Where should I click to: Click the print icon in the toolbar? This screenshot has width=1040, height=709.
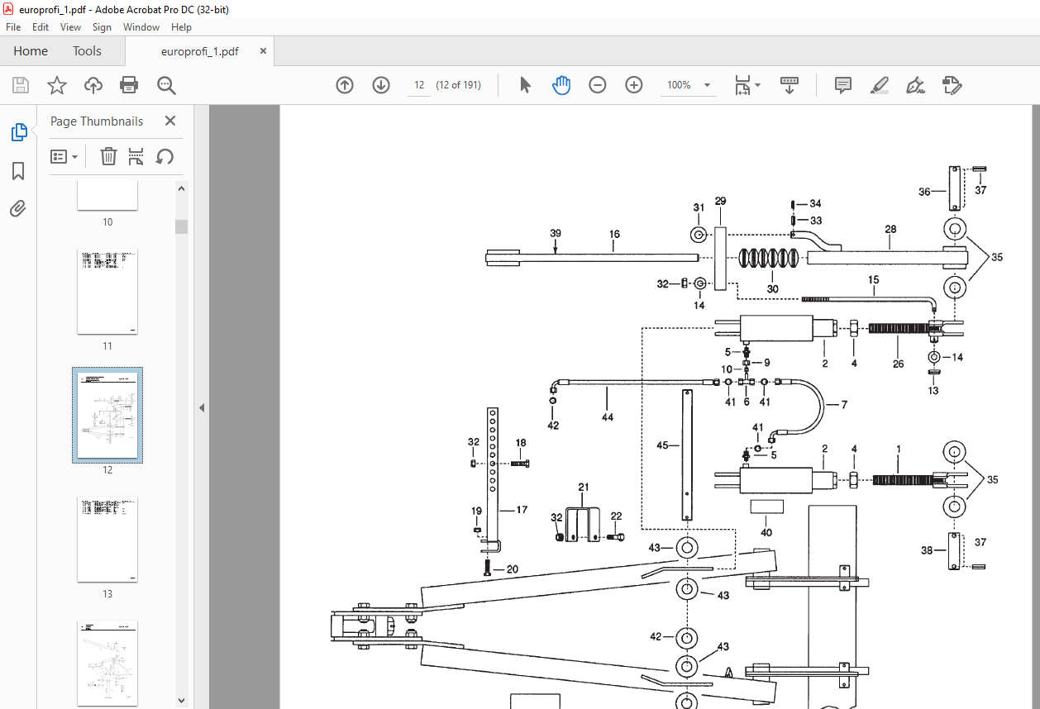129,85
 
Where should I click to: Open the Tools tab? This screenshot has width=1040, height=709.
87,51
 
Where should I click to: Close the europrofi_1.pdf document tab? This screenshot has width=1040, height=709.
263,51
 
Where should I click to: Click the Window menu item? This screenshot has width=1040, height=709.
141,27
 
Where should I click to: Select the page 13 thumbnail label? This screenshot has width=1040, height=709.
107,594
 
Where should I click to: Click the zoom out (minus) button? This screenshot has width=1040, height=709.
598,85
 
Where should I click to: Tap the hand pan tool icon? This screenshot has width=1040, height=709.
561,85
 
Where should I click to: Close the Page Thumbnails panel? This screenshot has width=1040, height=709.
170,121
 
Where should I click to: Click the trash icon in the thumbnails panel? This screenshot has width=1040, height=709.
108,156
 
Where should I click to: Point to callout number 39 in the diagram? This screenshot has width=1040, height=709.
556,233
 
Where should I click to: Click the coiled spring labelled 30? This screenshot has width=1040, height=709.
768,259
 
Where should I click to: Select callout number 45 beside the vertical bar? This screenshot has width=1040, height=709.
662,445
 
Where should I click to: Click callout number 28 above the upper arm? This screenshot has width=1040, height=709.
890,229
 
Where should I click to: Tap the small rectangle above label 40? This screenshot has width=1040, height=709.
767,507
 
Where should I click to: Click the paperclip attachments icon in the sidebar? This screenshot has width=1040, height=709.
18,209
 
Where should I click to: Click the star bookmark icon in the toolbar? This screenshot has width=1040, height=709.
57,85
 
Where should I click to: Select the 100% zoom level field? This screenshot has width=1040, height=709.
679,85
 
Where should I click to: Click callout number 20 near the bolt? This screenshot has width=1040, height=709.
512,569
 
